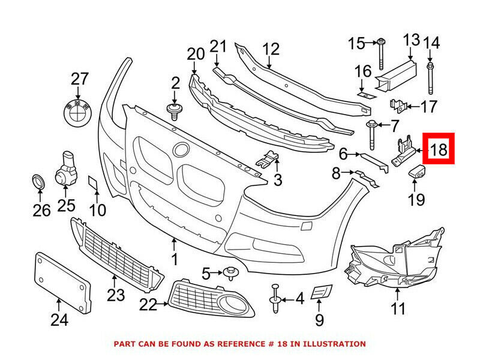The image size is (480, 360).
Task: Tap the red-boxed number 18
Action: [439, 149]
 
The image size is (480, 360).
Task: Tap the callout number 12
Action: [271, 47]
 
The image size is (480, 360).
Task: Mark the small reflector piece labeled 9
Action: [321, 292]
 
